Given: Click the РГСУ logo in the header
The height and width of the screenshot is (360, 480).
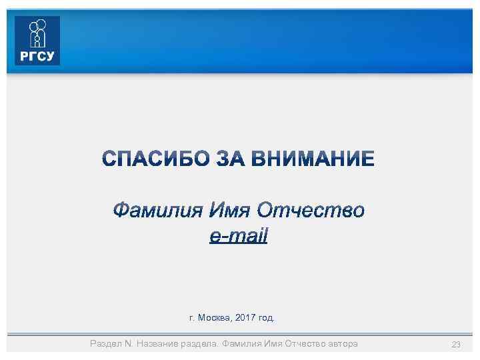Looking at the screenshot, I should pos(37,41).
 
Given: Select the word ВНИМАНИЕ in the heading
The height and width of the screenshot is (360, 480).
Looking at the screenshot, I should pos(321,159).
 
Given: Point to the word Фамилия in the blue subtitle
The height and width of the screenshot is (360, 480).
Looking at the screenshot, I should pos(156,211).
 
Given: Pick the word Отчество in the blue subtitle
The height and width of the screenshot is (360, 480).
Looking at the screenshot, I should pos(311,211).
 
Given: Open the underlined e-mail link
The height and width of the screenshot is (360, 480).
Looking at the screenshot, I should pos(238,235).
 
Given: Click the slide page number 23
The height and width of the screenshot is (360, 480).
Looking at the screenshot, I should pos(457,344).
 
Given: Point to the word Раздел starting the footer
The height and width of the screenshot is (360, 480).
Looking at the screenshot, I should pos(105,343).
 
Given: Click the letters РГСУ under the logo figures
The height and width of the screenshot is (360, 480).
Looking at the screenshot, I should pos(37,57).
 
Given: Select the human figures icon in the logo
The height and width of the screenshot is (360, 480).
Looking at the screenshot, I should pos(37,33).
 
